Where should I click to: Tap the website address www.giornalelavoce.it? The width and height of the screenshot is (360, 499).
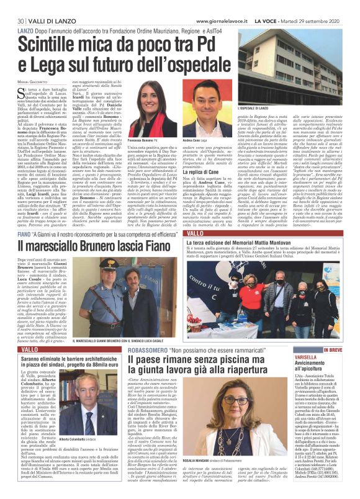tap(215, 5)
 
